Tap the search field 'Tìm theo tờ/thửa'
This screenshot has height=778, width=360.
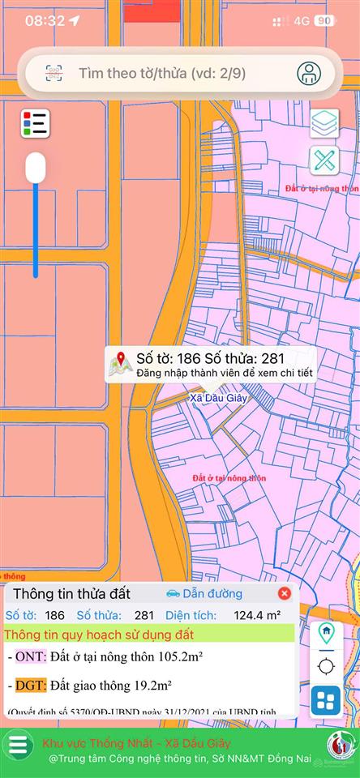[162, 73]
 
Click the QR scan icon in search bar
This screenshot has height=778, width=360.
[54, 73]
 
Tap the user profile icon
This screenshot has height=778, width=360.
[309, 73]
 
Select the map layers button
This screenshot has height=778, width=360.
[324, 123]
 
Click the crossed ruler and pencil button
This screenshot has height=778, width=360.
[324, 160]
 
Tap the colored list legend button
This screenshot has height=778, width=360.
[35, 123]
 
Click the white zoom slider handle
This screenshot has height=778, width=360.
[36, 168]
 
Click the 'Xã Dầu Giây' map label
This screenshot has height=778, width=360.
[218, 398]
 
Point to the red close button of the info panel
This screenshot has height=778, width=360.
[284, 594]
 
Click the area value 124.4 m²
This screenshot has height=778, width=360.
[258, 616]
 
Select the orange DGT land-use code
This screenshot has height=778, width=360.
[31, 686]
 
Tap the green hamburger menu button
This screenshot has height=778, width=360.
[19, 744]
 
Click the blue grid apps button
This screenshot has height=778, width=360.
[326, 700]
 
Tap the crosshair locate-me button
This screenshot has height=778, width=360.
[326, 666]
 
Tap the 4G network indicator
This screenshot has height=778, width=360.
[302, 21]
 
